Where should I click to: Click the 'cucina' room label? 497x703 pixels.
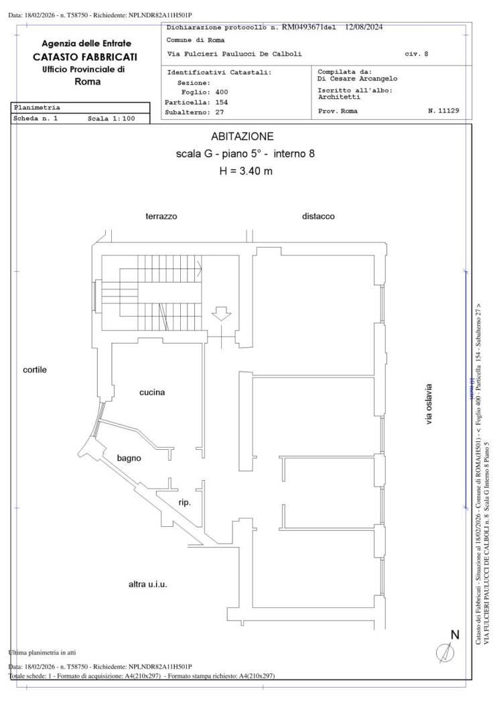point(152,392)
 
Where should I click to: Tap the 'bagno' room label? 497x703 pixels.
point(129,459)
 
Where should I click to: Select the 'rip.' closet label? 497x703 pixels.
point(185,503)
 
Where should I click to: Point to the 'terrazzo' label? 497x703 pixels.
point(161,216)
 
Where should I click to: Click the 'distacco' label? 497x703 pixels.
point(318,216)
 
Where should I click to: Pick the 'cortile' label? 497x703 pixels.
point(35,370)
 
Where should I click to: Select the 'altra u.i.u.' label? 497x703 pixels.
point(147,584)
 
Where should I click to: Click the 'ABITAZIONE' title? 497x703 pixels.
point(242,137)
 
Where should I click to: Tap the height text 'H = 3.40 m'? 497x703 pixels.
point(246,171)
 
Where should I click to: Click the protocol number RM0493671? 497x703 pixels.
point(300,27)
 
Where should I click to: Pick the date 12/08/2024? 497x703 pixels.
point(364,27)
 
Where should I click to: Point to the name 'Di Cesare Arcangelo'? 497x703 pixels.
point(357,79)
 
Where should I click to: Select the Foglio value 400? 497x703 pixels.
point(222,92)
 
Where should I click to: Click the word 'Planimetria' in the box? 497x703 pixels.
point(38,107)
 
